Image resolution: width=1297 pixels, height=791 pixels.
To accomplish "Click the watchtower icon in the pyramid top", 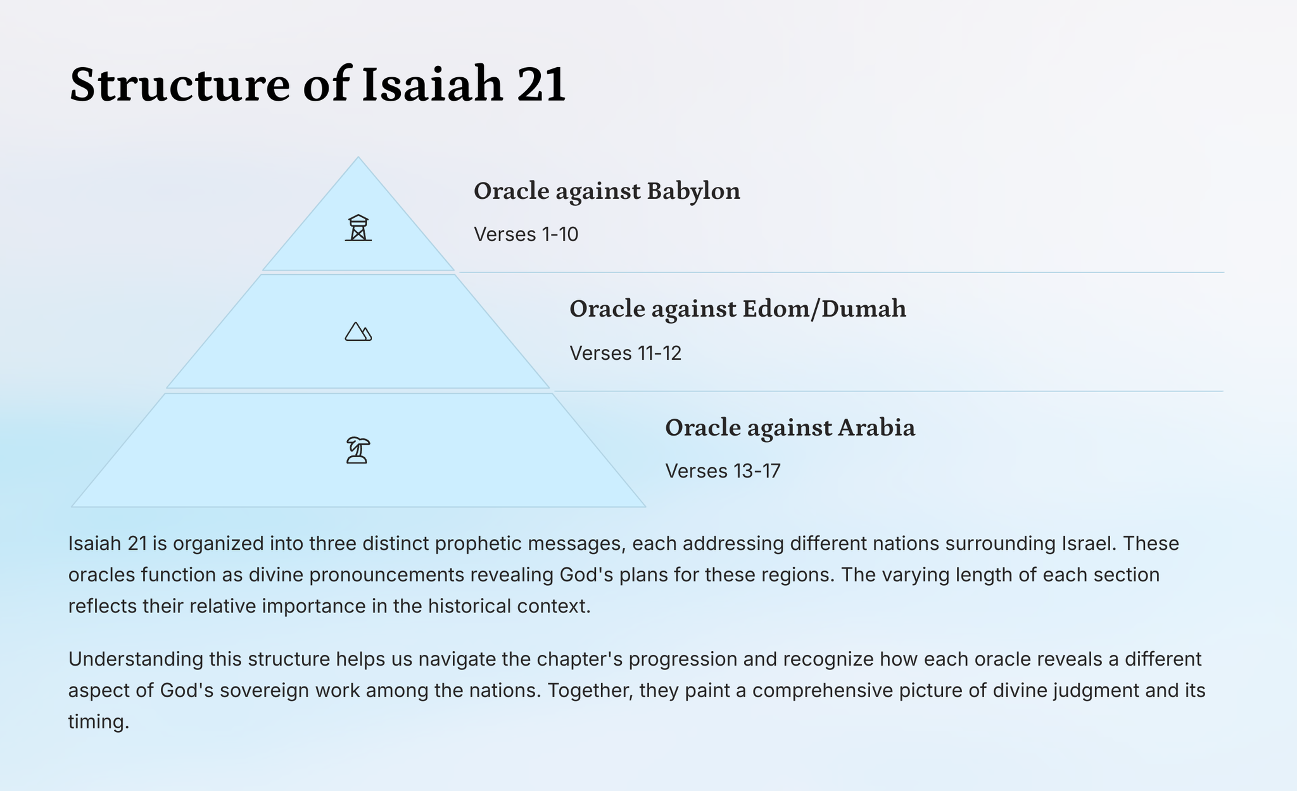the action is coord(358,227).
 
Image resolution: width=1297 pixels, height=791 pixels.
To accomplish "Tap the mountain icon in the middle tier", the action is coord(358,332).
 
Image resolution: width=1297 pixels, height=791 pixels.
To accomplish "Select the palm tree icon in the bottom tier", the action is coord(358,450).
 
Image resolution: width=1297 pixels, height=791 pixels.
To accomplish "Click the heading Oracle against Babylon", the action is coord(607,191).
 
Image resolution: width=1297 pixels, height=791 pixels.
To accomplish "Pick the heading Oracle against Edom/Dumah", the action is coord(738,309).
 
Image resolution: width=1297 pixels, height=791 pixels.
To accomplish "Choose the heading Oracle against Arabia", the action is coord(790,427).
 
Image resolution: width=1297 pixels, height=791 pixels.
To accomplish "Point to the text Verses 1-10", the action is coord(526,235).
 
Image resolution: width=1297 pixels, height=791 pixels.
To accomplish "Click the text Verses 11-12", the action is coord(625,353).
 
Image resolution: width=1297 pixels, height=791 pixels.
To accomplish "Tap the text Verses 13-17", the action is coord(723,471).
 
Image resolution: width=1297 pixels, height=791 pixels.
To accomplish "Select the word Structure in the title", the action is coord(180,84).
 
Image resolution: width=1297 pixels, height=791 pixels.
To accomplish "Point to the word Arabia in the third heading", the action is coord(876,427).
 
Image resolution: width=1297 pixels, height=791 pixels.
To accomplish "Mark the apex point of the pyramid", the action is coord(358,157).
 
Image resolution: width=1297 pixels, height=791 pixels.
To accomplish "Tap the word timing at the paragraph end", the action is coord(98,722).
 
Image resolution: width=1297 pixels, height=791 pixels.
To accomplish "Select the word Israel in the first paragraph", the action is coord(1087,544).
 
